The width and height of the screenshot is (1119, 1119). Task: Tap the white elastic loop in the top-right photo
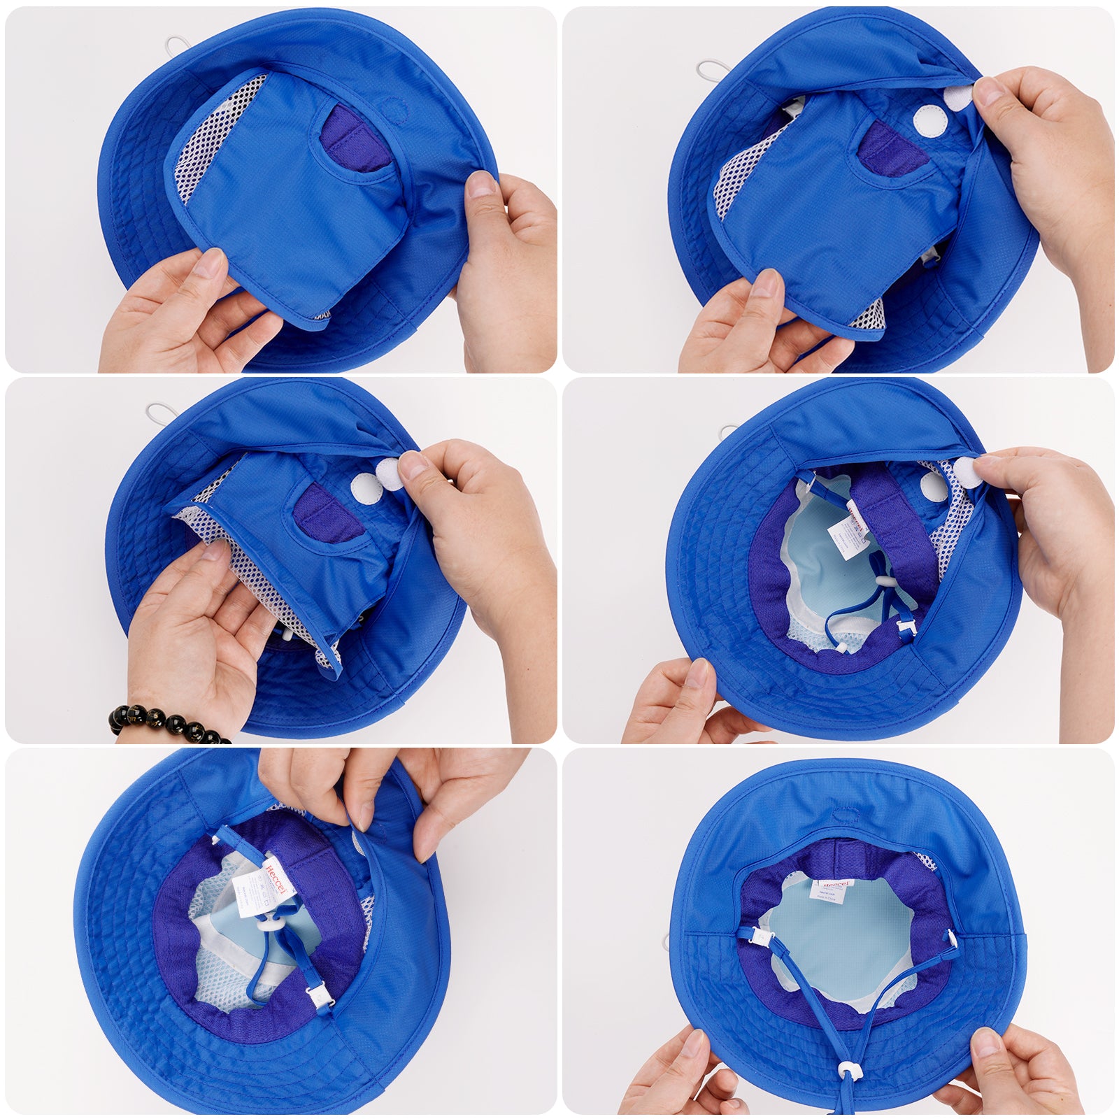coord(713,70)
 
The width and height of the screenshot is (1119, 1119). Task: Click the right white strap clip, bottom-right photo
coord(952,936)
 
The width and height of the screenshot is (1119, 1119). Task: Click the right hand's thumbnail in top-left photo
coord(480,184)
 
